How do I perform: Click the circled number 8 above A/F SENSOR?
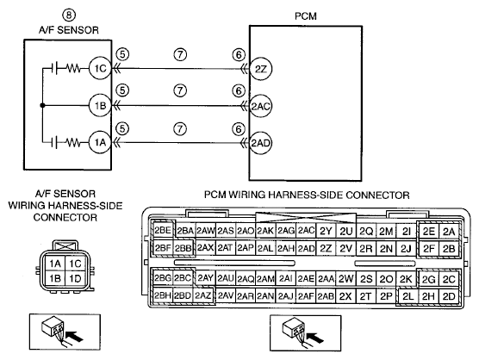(69, 15)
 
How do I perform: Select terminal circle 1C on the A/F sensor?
(100, 68)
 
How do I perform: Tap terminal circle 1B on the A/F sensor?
(100, 106)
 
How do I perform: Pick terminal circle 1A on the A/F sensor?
(100, 142)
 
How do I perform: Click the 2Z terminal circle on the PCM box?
(260, 69)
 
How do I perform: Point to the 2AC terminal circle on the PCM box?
(260, 106)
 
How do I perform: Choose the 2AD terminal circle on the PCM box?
(260, 143)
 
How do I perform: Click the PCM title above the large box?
(306, 16)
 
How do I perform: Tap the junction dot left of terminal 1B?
(42, 105)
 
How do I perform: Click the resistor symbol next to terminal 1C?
(73, 68)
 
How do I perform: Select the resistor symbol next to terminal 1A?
(73, 142)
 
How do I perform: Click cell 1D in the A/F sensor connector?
(75, 278)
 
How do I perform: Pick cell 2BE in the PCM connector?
(163, 230)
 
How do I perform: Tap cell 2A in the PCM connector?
(449, 232)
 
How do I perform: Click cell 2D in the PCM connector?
(449, 296)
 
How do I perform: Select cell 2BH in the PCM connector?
(163, 295)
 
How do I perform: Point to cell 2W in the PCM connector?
(345, 278)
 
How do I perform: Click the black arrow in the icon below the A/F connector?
(74, 336)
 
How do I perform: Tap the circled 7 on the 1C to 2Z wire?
(180, 54)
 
